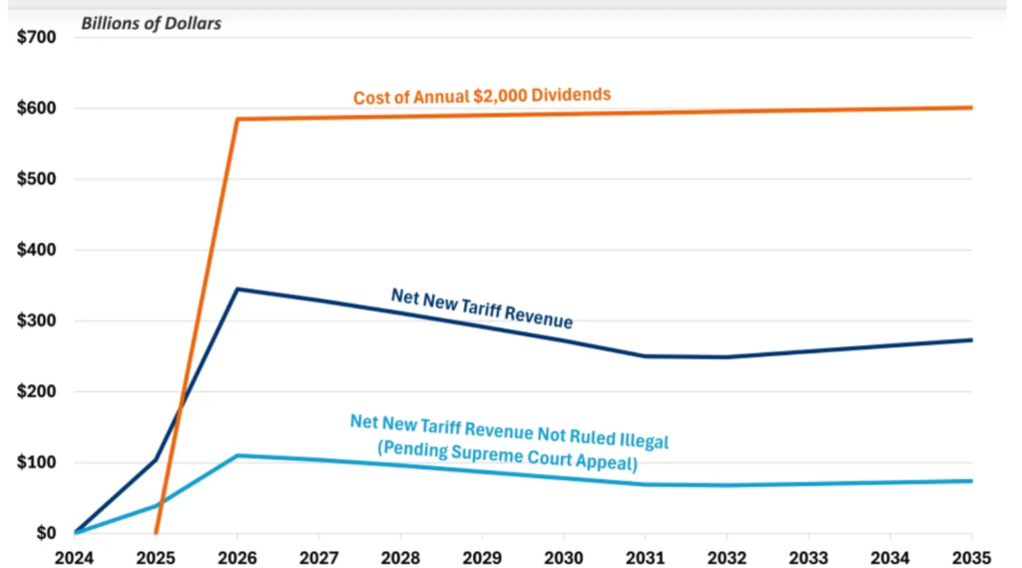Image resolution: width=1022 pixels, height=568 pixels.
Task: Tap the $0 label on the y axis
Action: click(x=47, y=533)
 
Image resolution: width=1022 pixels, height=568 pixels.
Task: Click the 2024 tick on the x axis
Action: click(x=74, y=555)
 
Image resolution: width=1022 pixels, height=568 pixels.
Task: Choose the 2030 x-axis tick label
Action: click(x=564, y=555)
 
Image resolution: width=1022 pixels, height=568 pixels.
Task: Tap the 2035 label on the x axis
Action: click(x=972, y=555)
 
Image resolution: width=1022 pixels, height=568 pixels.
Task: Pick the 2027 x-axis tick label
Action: click(x=318, y=555)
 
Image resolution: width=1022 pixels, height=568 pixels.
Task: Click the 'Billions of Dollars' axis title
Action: click(x=153, y=22)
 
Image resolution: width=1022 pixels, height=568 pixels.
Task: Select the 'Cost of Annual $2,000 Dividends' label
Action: click(x=481, y=96)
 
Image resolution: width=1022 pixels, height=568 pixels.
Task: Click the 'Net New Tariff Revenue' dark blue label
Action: click(x=481, y=307)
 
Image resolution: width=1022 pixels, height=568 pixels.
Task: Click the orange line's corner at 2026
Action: click(x=237, y=119)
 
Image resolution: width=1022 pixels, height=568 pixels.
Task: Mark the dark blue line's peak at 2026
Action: click(x=237, y=289)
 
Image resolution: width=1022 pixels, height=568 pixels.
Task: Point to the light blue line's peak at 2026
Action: click(x=237, y=455)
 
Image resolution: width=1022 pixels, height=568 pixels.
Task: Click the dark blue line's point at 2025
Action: click(x=156, y=459)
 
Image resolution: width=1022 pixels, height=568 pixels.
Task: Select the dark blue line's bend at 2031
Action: click(x=646, y=355)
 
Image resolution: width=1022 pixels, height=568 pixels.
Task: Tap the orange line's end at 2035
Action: click(x=972, y=107)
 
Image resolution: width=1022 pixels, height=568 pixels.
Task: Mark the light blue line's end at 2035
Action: click(x=972, y=481)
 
